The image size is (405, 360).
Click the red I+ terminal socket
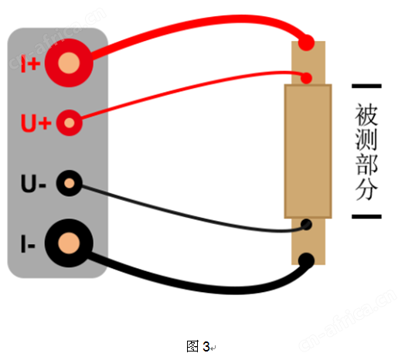(69, 63)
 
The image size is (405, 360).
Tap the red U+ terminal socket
(70, 123)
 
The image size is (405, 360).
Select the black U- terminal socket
(70, 183)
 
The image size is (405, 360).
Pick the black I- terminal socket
(69, 243)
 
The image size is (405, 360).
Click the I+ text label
(30, 63)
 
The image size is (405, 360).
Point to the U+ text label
(36, 123)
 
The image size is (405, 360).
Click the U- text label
(33, 184)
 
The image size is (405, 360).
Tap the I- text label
(28, 244)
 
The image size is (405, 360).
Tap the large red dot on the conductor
(306, 42)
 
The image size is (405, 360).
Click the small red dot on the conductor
(307, 78)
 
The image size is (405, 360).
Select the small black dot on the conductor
(307, 225)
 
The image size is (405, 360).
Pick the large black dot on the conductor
(306, 261)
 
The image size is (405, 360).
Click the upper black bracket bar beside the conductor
(367, 86)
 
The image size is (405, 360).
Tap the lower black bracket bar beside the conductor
(367, 216)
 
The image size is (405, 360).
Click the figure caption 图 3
(198, 346)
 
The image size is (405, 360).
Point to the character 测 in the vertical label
(366, 139)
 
